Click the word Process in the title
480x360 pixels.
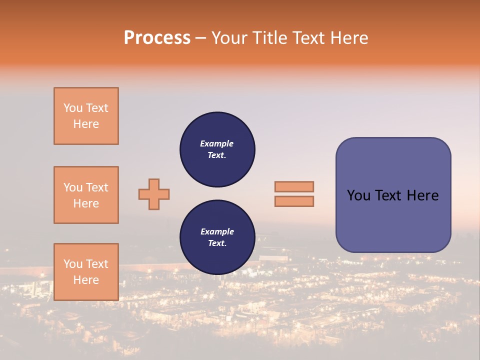157,38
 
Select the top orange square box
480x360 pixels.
86,116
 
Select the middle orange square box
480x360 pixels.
86,195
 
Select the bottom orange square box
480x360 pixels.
86,272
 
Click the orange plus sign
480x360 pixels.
154,194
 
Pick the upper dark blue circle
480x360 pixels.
217,149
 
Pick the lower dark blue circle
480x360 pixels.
217,237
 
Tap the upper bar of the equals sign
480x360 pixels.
294,186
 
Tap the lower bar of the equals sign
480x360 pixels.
294,201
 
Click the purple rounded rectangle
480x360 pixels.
393,220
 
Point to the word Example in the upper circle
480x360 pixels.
217,143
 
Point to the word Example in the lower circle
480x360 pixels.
217,231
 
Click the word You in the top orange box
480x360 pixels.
72,108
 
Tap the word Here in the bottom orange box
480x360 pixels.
86,280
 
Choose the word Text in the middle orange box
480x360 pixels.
96,187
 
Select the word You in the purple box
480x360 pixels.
359,195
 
